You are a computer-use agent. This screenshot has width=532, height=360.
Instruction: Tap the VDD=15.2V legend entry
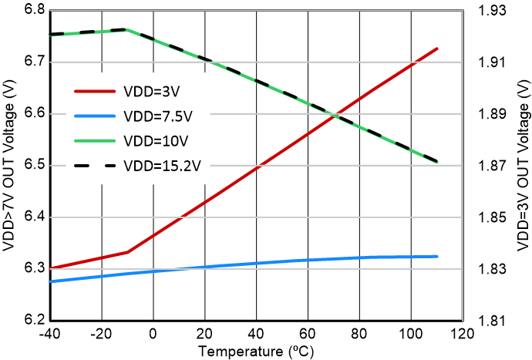tap(160, 166)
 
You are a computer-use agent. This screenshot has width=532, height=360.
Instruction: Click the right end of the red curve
tap(437, 49)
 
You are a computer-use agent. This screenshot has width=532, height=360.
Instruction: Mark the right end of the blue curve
tap(437, 257)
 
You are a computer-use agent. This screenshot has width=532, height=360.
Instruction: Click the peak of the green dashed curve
tap(126, 29)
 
